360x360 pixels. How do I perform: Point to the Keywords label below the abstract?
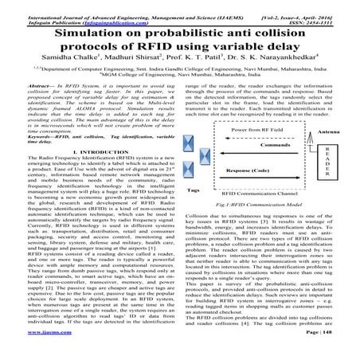pyautogui.click(x=37, y=136)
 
